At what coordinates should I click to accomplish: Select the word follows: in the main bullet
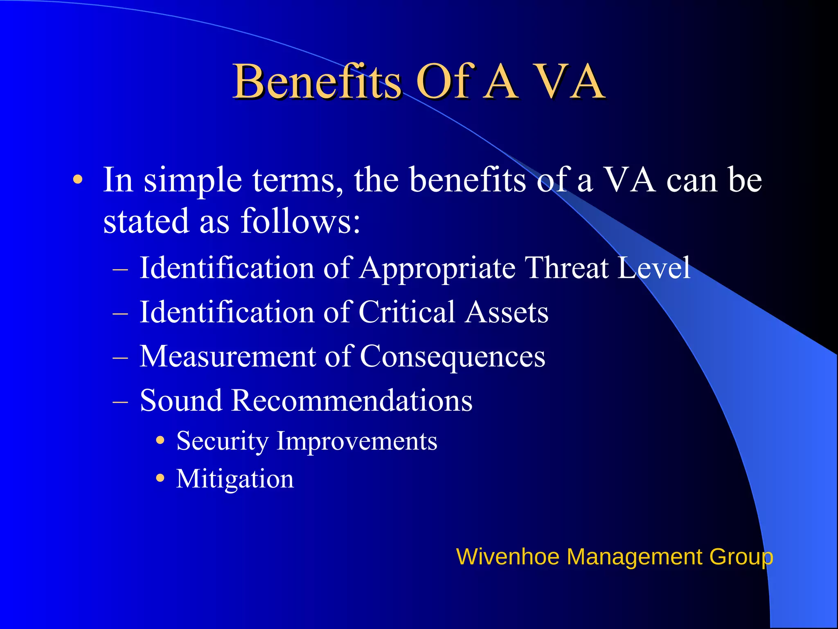[301, 221]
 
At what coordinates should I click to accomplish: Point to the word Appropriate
[437, 269]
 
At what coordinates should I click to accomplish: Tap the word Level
[654, 268]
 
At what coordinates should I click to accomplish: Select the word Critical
[407, 312]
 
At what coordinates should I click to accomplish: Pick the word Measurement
[228, 356]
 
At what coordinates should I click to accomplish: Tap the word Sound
[180, 400]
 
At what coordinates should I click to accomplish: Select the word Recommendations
[351, 400]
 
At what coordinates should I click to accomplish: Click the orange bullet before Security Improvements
[160, 441]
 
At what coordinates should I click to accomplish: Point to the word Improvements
[357, 441]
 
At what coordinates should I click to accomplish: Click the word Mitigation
[235, 479]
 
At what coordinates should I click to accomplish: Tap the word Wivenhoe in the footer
[507, 557]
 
